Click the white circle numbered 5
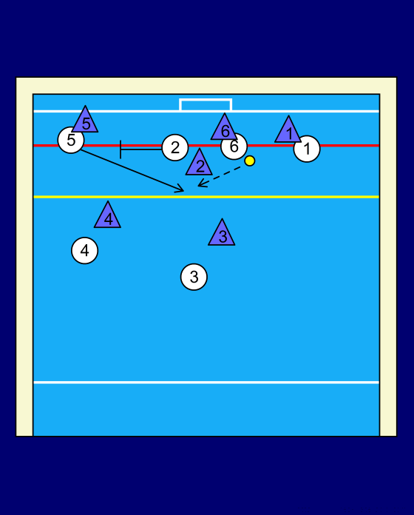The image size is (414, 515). (x=71, y=141)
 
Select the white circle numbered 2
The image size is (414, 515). (x=175, y=147)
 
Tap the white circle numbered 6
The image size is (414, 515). (x=234, y=147)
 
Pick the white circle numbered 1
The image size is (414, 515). (x=307, y=149)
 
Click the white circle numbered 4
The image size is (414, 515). (x=84, y=251)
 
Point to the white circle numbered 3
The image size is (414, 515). (x=194, y=277)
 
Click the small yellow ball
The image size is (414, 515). (x=250, y=161)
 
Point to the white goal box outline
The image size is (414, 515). (x=206, y=99)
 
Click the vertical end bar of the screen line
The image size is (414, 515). (x=121, y=149)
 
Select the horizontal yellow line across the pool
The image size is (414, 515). (x=206, y=197)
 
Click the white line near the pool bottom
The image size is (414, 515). (x=206, y=383)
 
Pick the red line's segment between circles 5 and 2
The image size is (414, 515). (x=123, y=145)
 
